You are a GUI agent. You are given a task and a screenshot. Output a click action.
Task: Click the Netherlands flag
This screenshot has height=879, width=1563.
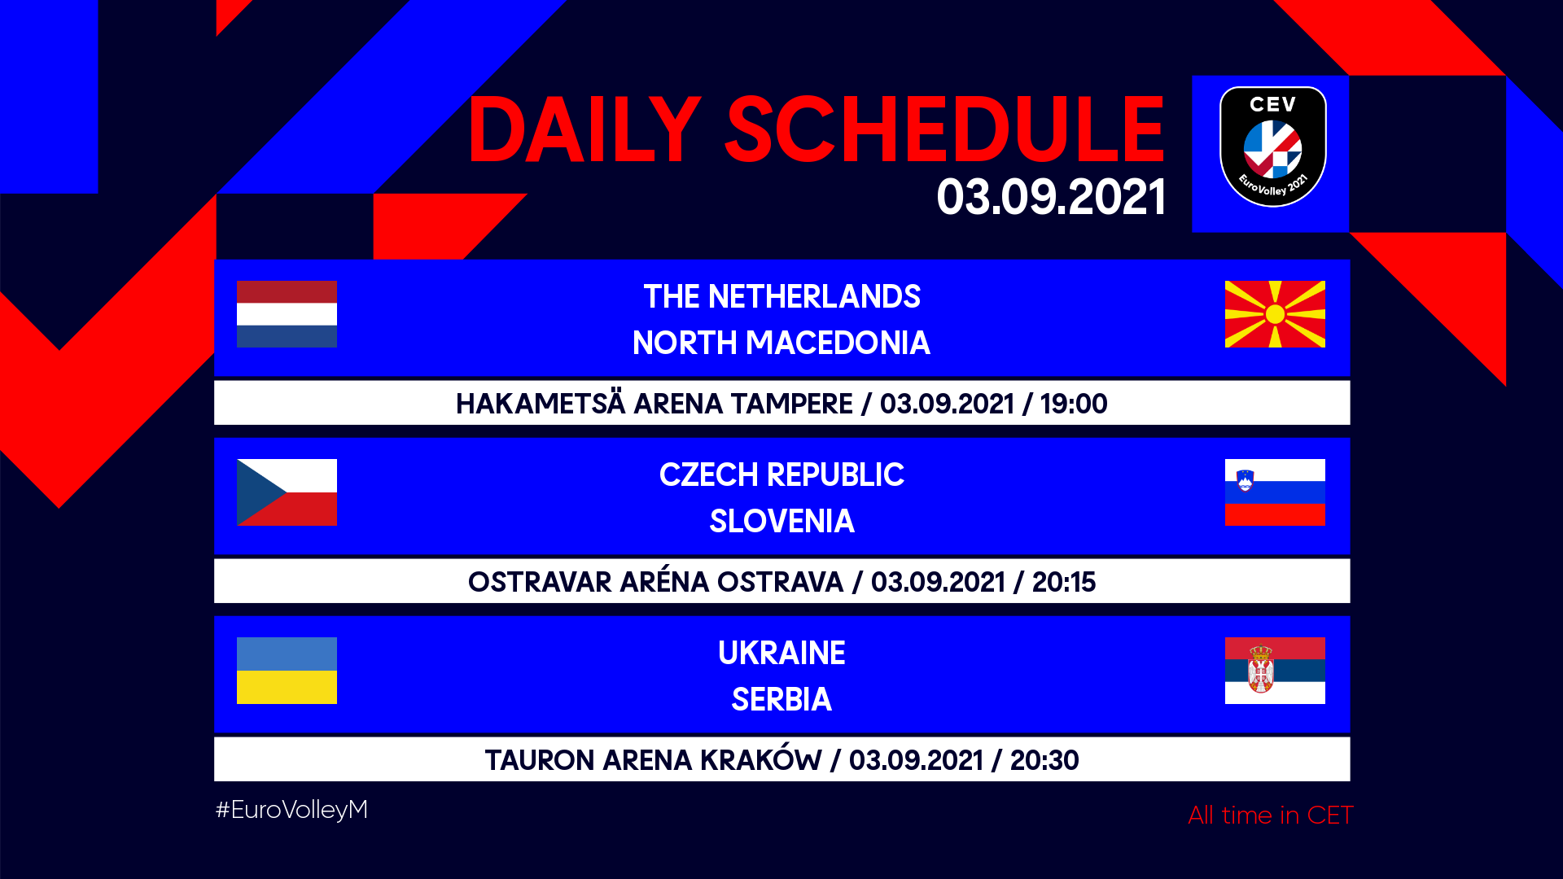(287, 314)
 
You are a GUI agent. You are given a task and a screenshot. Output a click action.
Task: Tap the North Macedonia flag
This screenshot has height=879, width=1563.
(1275, 314)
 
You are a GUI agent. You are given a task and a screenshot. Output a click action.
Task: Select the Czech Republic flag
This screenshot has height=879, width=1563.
(287, 492)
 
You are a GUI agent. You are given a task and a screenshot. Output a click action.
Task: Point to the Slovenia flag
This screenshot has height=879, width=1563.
(1275, 492)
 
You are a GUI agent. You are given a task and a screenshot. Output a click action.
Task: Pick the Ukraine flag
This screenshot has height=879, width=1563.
(287, 671)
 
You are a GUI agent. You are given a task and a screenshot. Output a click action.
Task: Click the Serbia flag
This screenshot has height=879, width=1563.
(1275, 671)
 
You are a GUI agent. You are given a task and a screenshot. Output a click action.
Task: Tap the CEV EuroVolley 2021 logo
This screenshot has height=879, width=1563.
(1273, 146)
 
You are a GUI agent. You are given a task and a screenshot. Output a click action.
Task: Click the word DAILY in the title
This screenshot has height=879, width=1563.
(584, 129)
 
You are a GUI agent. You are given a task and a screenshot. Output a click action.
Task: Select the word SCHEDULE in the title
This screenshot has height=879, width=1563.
(945, 129)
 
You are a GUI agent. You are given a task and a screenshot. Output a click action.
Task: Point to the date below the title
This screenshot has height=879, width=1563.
(1051, 197)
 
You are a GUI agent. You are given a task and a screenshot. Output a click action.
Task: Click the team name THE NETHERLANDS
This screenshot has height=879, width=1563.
(781, 297)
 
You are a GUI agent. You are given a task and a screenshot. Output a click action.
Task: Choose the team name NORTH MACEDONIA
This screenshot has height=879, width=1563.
(781, 343)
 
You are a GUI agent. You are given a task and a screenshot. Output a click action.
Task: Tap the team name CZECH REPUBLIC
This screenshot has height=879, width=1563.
(781, 475)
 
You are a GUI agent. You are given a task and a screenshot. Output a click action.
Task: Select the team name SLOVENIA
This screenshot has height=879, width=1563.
(781, 522)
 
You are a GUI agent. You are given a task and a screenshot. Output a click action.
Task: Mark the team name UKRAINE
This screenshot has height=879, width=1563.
(781, 654)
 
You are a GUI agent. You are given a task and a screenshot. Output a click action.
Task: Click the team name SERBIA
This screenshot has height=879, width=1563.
(781, 700)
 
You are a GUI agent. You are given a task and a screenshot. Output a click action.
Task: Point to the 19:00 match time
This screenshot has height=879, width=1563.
(1074, 404)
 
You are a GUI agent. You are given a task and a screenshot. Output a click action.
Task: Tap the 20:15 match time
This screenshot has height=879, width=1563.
(1064, 582)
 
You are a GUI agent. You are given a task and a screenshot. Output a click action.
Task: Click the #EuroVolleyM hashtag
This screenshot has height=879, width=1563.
(291, 810)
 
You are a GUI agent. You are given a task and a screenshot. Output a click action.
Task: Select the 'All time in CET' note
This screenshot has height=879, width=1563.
(1271, 815)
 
